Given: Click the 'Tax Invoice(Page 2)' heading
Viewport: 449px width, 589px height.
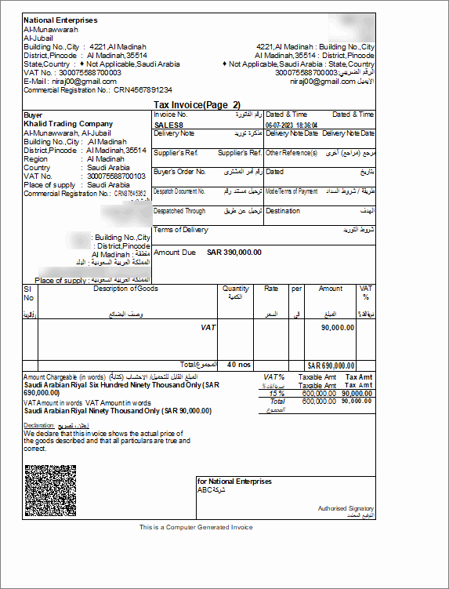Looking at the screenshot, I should pyautogui.click(x=197, y=104).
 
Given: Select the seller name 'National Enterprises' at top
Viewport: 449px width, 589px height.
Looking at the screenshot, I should pyautogui.click(x=60, y=20).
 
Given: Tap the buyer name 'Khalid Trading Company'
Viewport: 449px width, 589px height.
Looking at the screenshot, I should pyautogui.click(x=68, y=124).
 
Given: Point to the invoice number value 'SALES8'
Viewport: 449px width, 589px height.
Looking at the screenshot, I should pyautogui.click(x=168, y=124).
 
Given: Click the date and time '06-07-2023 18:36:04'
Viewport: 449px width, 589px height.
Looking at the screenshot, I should pyautogui.click(x=291, y=124).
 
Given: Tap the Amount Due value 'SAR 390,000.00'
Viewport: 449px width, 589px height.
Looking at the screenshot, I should pyautogui.click(x=234, y=253).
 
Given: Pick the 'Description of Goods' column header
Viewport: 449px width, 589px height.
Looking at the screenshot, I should pyautogui.click(x=126, y=289).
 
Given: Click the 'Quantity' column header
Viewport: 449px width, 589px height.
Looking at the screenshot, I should pyautogui.click(x=236, y=289).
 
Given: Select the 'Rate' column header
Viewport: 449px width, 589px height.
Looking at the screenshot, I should pyautogui.click(x=271, y=289).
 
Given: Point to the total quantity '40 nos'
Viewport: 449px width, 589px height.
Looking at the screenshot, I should pyautogui.click(x=237, y=365).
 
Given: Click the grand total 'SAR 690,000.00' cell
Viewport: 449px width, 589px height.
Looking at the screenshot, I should pyautogui.click(x=331, y=365).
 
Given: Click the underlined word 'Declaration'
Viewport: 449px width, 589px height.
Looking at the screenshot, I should pyautogui.click(x=39, y=426).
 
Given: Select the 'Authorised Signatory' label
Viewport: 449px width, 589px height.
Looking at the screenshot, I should pyautogui.click(x=346, y=508).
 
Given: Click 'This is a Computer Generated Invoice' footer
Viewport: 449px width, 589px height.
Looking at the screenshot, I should pyautogui.click(x=196, y=527).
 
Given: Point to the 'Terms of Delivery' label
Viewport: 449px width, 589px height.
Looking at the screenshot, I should pyautogui.click(x=181, y=230).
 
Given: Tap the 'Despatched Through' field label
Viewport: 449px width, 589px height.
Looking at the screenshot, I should pyautogui.click(x=179, y=211).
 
